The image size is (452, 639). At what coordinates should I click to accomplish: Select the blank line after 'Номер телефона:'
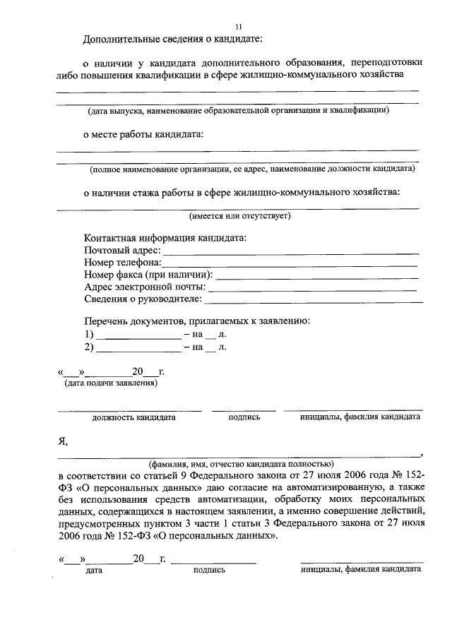tap(290, 264)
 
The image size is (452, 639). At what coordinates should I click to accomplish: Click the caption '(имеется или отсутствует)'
tap(239, 216)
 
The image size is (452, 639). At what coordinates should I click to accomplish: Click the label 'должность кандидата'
tap(133, 417)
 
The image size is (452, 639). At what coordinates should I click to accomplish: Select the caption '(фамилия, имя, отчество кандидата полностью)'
tap(240, 464)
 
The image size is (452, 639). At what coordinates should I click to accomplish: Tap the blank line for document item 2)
tap(138, 349)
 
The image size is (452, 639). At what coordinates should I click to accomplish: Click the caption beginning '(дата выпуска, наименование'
tap(238, 111)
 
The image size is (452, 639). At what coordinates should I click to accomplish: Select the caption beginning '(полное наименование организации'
tap(251, 169)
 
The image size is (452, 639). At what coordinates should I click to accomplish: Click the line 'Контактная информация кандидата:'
tap(165, 238)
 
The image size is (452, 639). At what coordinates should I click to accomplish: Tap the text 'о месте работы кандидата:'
tap(143, 134)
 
